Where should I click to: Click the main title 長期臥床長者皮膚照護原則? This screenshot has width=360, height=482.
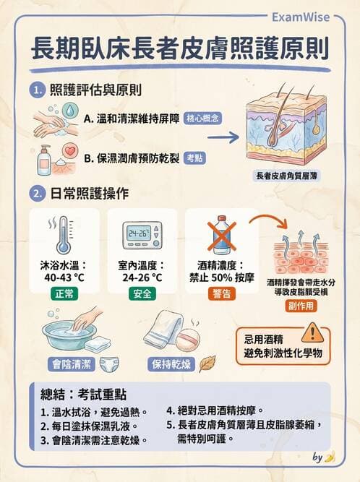[179, 49]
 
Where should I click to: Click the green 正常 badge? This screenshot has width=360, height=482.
[62, 293]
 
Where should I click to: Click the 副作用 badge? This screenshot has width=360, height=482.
[300, 306]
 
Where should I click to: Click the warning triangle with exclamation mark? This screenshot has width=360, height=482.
[313, 332]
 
